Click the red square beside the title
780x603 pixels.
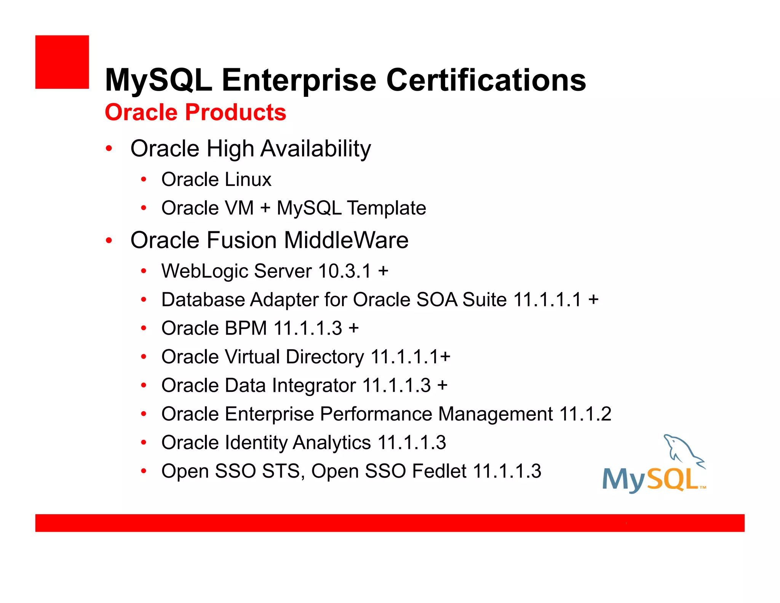point(62,62)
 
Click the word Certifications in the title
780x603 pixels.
point(486,80)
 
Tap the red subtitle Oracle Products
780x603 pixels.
point(195,112)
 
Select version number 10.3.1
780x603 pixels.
point(344,271)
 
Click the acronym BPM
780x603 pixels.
point(246,329)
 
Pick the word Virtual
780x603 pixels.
point(252,357)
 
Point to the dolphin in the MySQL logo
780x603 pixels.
point(682,450)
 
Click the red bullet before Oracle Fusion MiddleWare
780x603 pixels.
point(109,241)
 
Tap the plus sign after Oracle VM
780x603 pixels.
point(265,208)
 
